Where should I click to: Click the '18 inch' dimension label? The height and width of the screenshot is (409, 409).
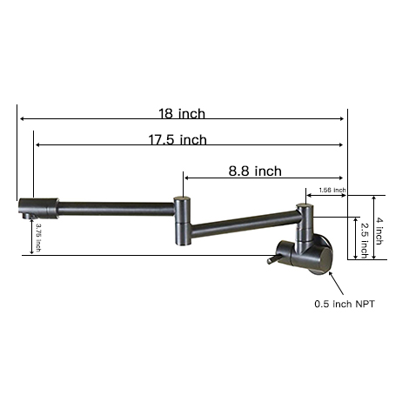[x=182, y=113]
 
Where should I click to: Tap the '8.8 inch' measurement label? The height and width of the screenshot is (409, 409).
[x=255, y=171]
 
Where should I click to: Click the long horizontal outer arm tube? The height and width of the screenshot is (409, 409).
[x=113, y=207]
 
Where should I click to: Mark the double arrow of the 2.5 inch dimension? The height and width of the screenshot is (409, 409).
[x=356, y=237]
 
